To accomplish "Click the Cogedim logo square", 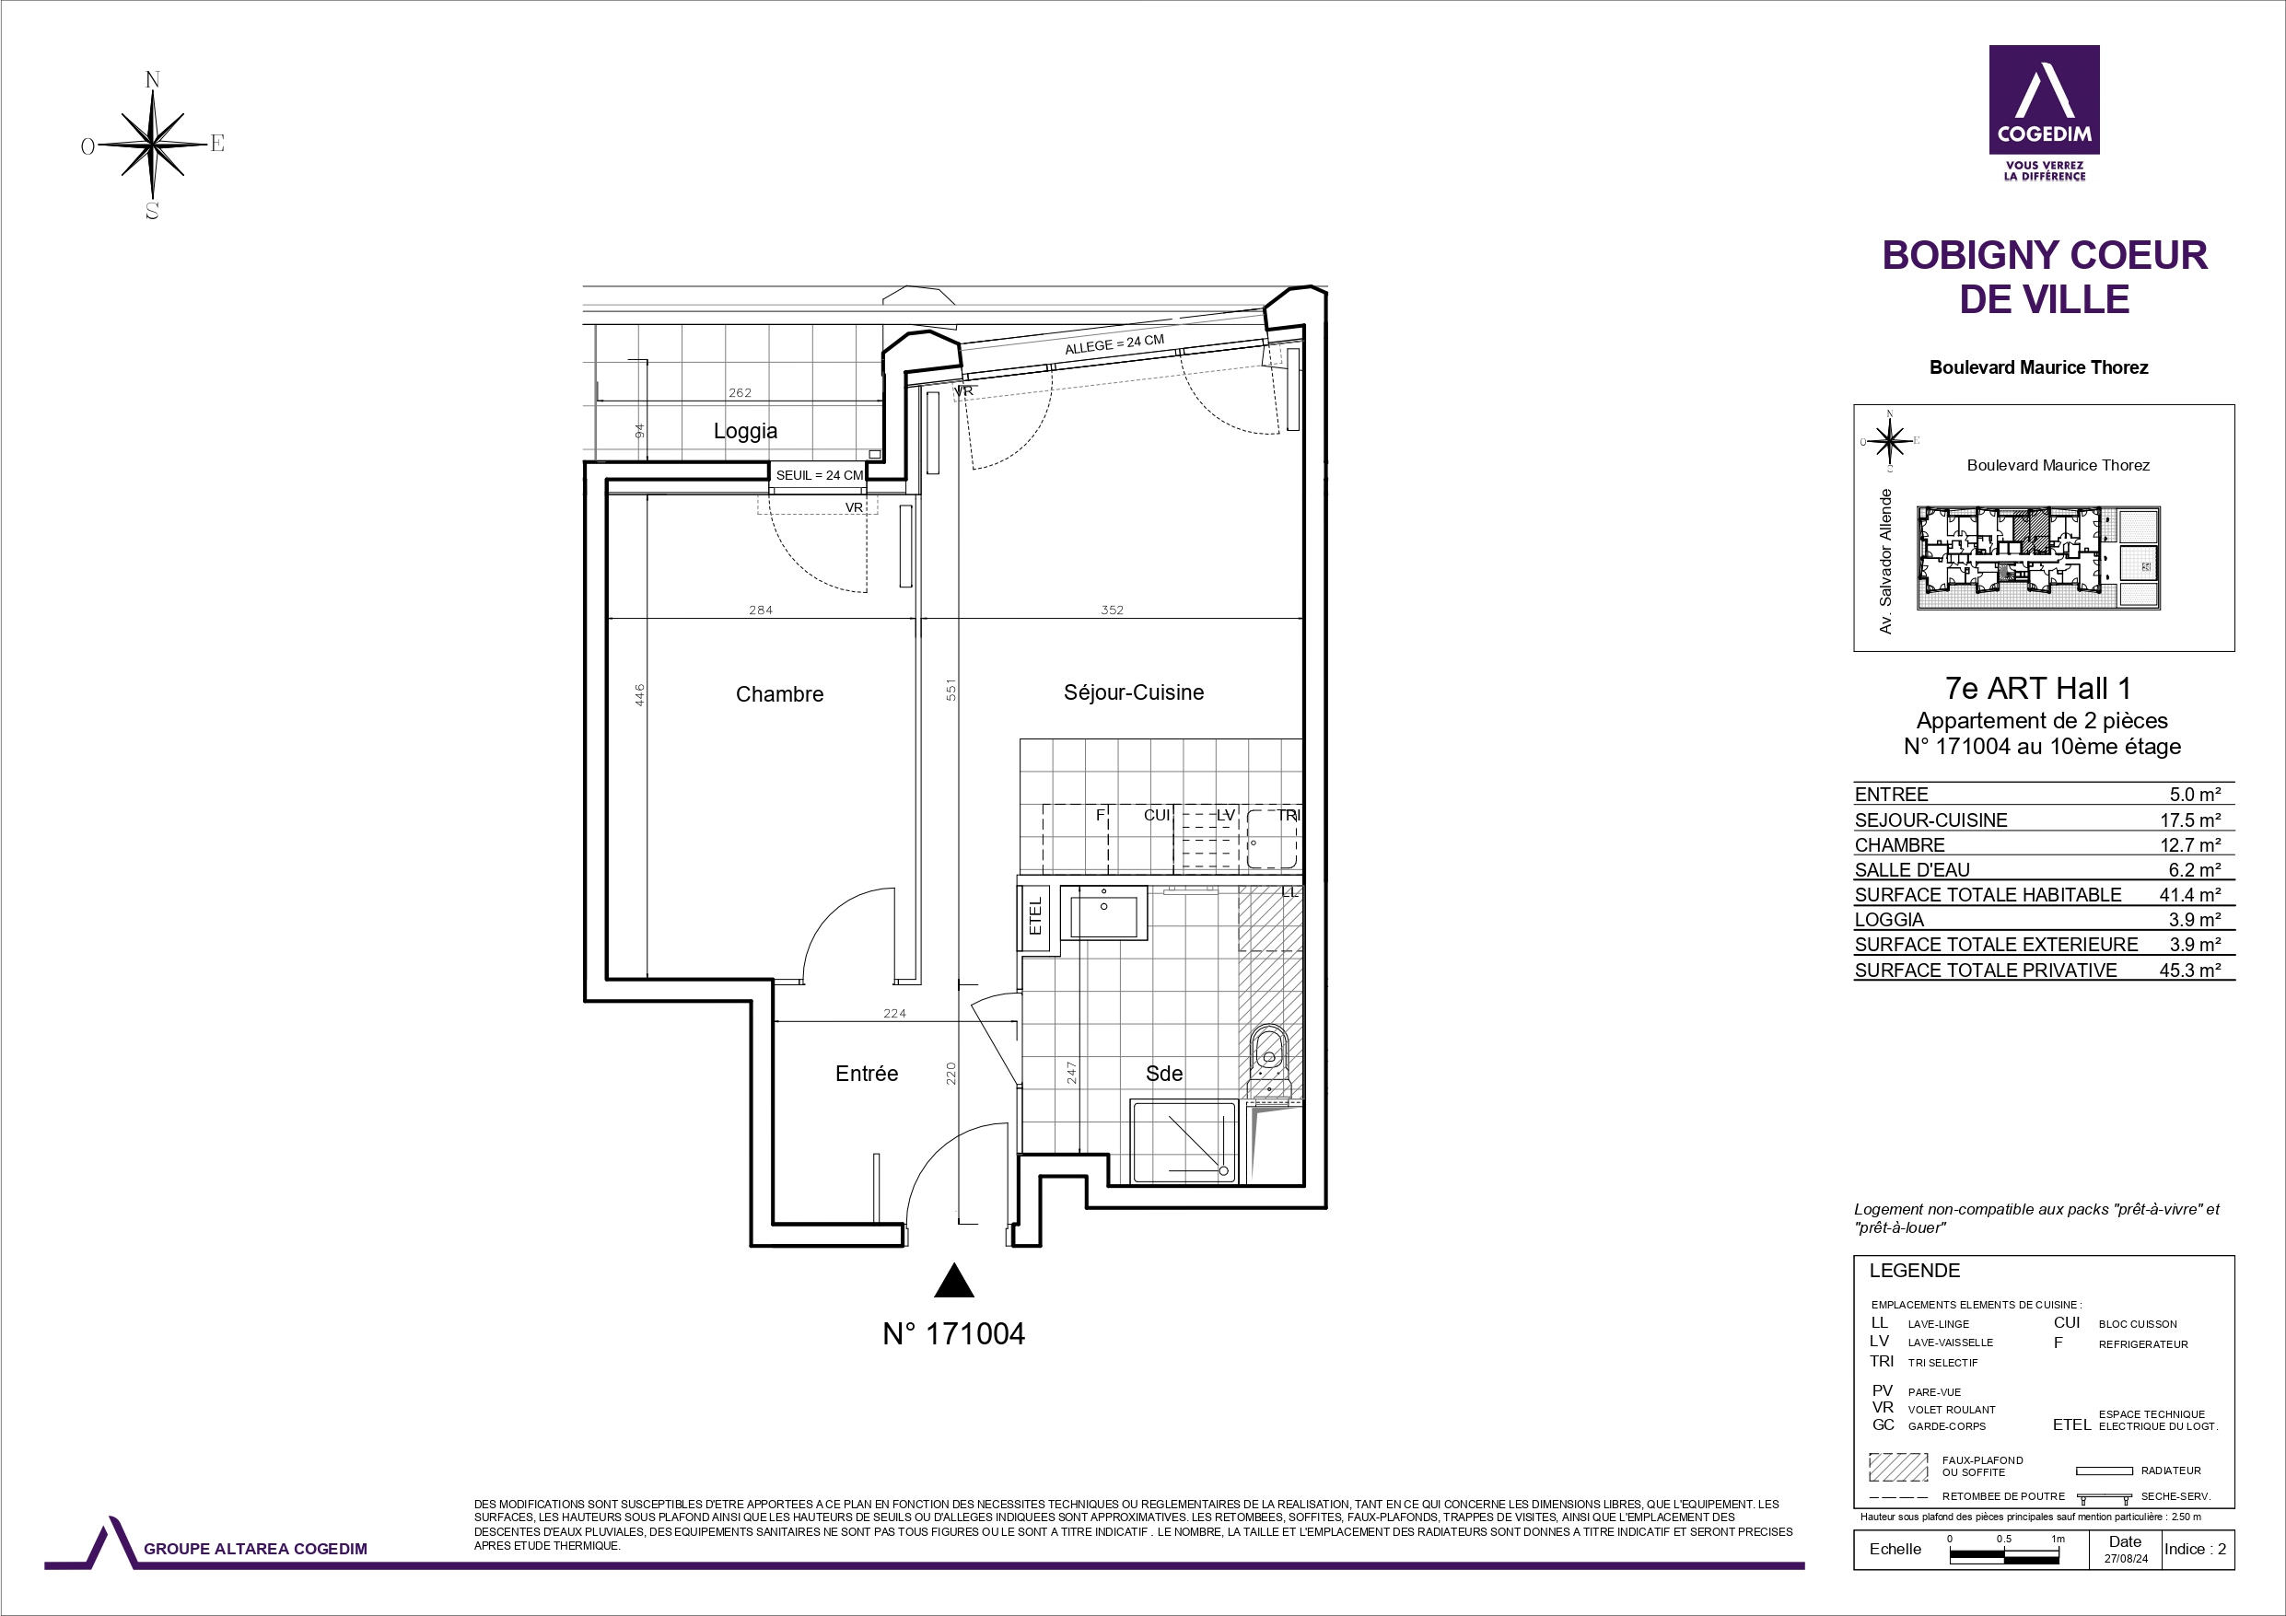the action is click(x=2044, y=99).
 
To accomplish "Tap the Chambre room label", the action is click(x=779, y=694).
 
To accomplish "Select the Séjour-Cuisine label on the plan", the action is click(x=1133, y=692).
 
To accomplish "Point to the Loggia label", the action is click(x=746, y=431).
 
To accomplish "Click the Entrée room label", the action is click(x=866, y=1074).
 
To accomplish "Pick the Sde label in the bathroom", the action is click(x=1164, y=1074).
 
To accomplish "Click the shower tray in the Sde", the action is click(x=1183, y=1141).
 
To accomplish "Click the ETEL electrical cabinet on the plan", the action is click(x=1034, y=916).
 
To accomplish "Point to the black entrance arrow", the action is click(x=954, y=1281).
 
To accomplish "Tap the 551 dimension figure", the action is click(x=951, y=689).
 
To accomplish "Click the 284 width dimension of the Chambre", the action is click(x=761, y=610).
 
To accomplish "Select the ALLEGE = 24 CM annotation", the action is click(x=1114, y=344).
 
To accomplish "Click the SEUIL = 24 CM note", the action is click(x=820, y=476).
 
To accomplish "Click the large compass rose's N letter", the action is click(x=152, y=80).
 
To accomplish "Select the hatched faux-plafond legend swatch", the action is click(x=1898, y=1467).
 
